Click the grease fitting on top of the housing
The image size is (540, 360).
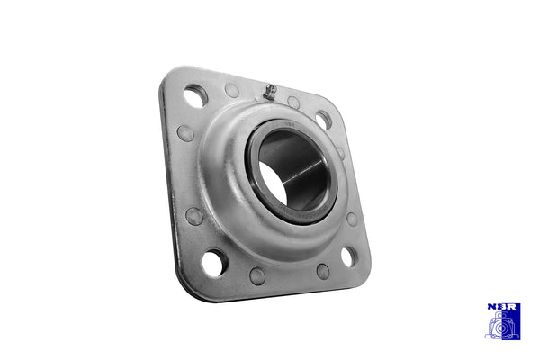[x=268, y=90]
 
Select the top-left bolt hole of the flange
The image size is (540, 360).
[x=195, y=94]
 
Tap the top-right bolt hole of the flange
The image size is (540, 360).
[x=323, y=119]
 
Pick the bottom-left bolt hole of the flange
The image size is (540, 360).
[x=213, y=263]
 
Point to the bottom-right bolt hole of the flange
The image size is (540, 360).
[x=347, y=256]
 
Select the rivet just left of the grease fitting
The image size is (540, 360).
[x=232, y=91]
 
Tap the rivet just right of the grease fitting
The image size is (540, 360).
[x=293, y=103]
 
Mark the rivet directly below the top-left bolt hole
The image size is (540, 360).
[x=185, y=133]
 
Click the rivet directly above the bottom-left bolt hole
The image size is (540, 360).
[x=193, y=216]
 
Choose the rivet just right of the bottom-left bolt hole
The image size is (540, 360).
[x=257, y=275]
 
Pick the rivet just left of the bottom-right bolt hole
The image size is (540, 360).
[x=322, y=271]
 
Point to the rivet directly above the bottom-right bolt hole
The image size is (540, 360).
[x=352, y=219]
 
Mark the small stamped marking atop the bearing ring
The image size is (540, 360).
[x=291, y=125]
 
